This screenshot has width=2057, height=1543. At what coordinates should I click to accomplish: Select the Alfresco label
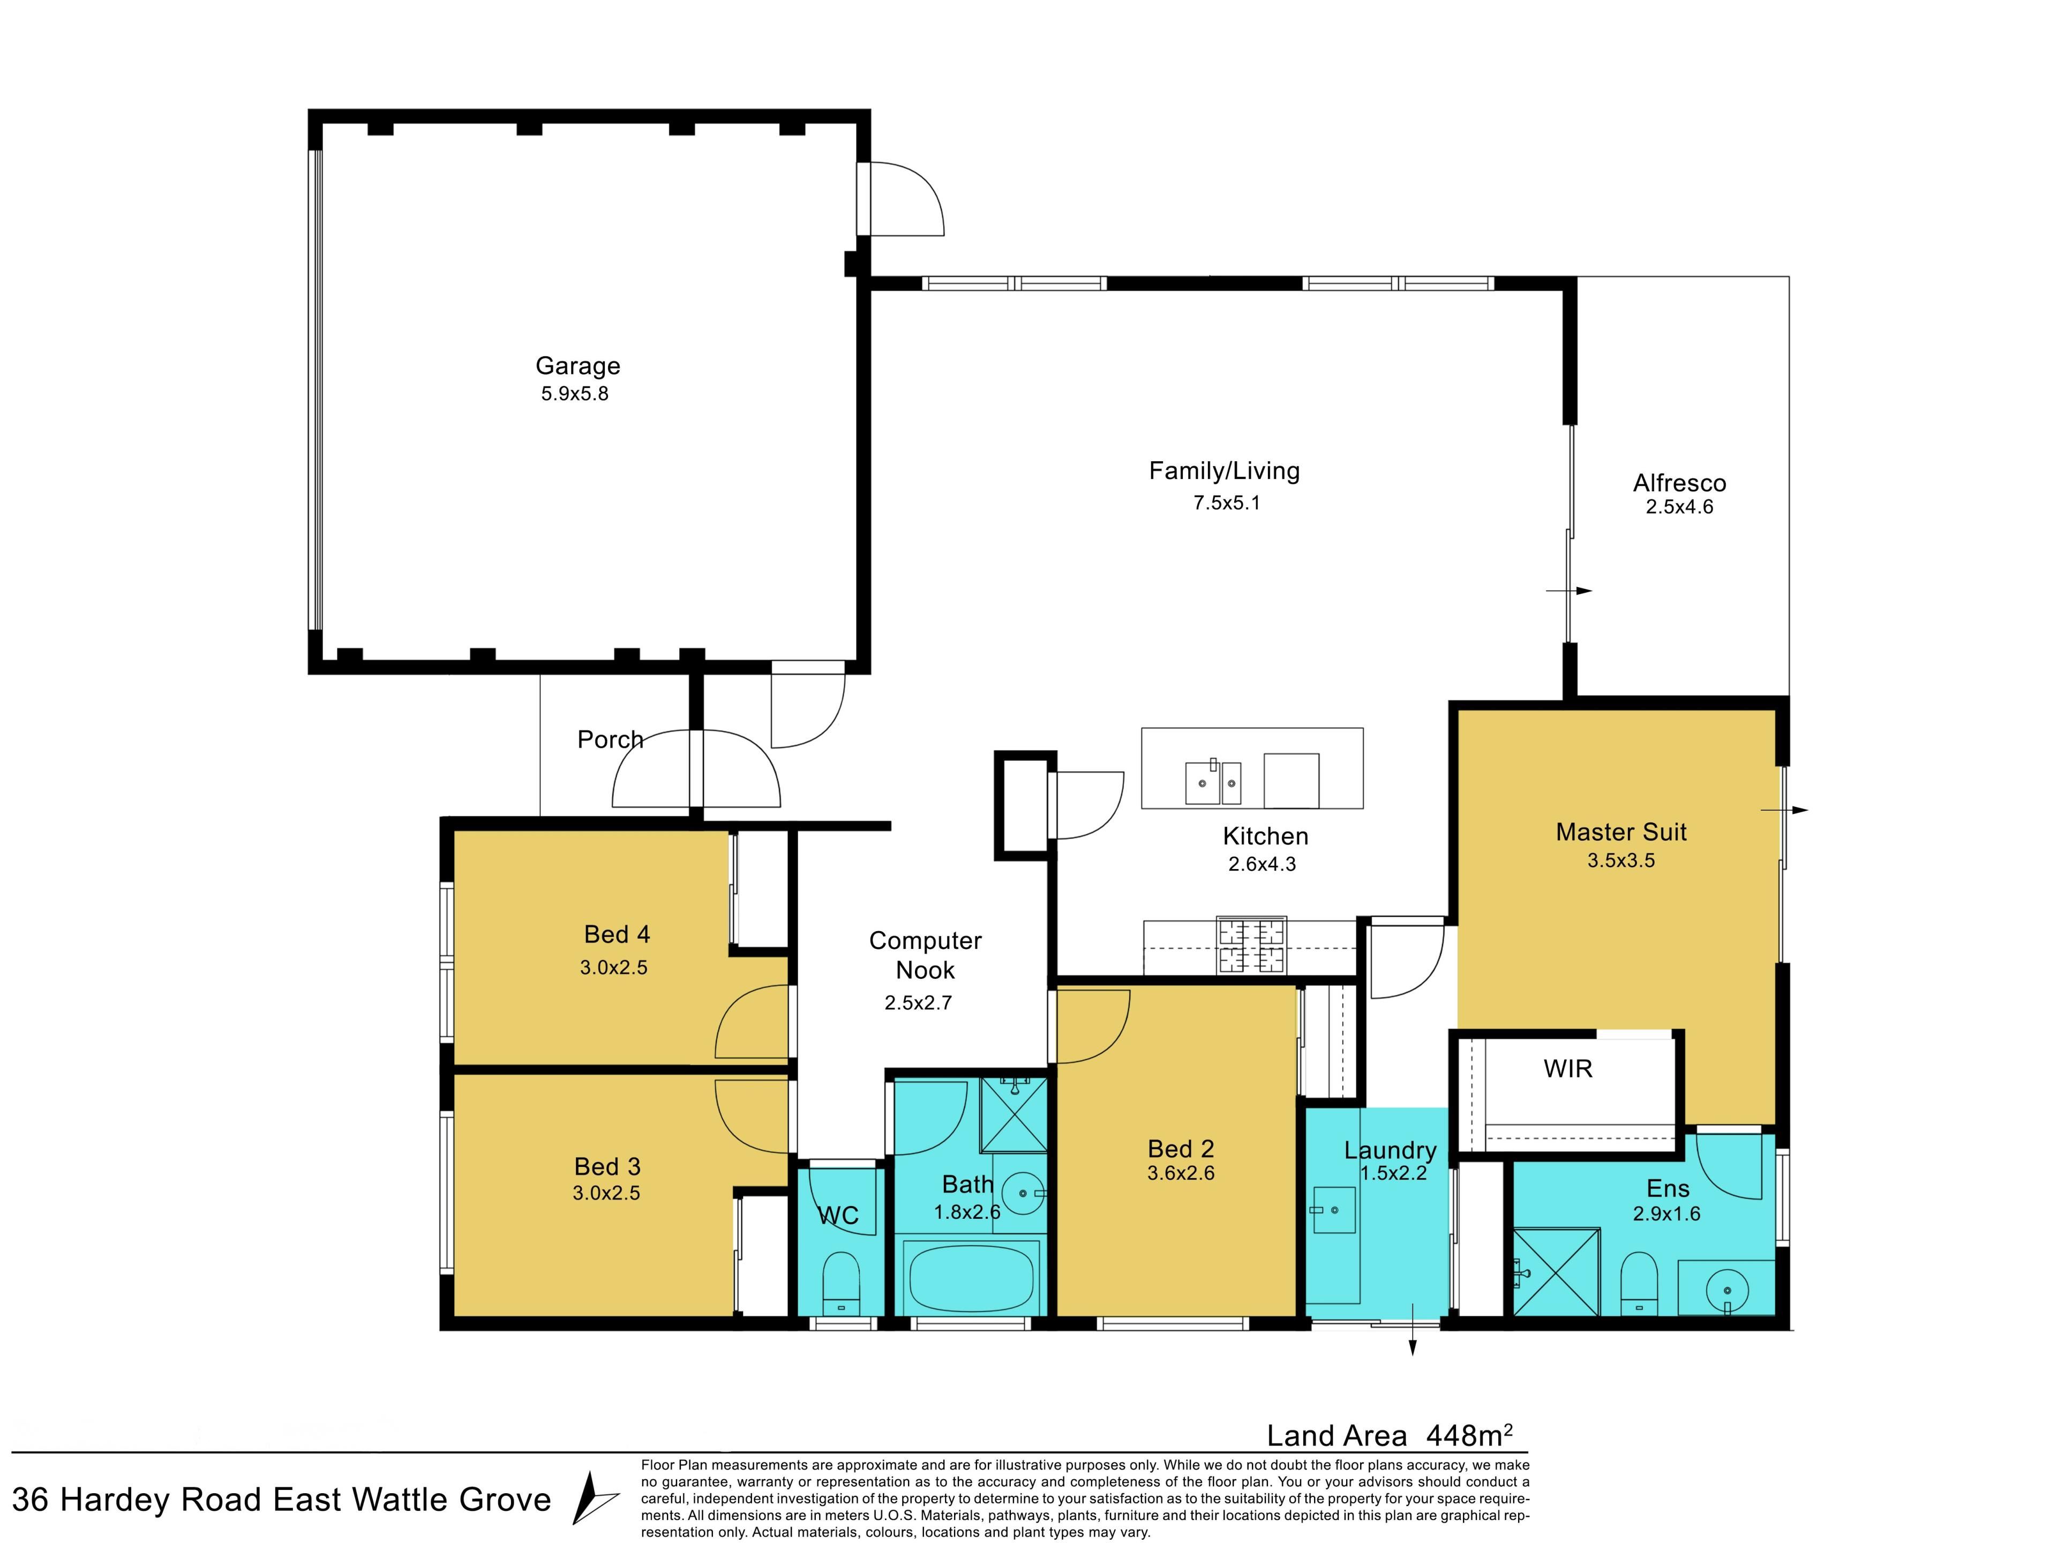click(1679, 483)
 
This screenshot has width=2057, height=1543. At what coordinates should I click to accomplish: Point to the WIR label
click(1568, 1069)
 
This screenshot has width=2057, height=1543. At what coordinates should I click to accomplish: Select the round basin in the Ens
click(1727, 1291)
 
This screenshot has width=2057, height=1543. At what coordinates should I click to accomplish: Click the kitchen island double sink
click(1213, 782)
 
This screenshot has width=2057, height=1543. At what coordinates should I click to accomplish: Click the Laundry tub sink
click(1333, 1210)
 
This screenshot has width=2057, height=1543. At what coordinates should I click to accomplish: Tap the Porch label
click(610, 739)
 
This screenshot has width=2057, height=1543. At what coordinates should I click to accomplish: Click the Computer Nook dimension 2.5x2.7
click(918, 1002)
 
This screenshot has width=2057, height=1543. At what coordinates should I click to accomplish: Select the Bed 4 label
click(617, 934)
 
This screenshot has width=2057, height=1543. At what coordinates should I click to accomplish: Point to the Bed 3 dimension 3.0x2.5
click(606, 1193)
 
